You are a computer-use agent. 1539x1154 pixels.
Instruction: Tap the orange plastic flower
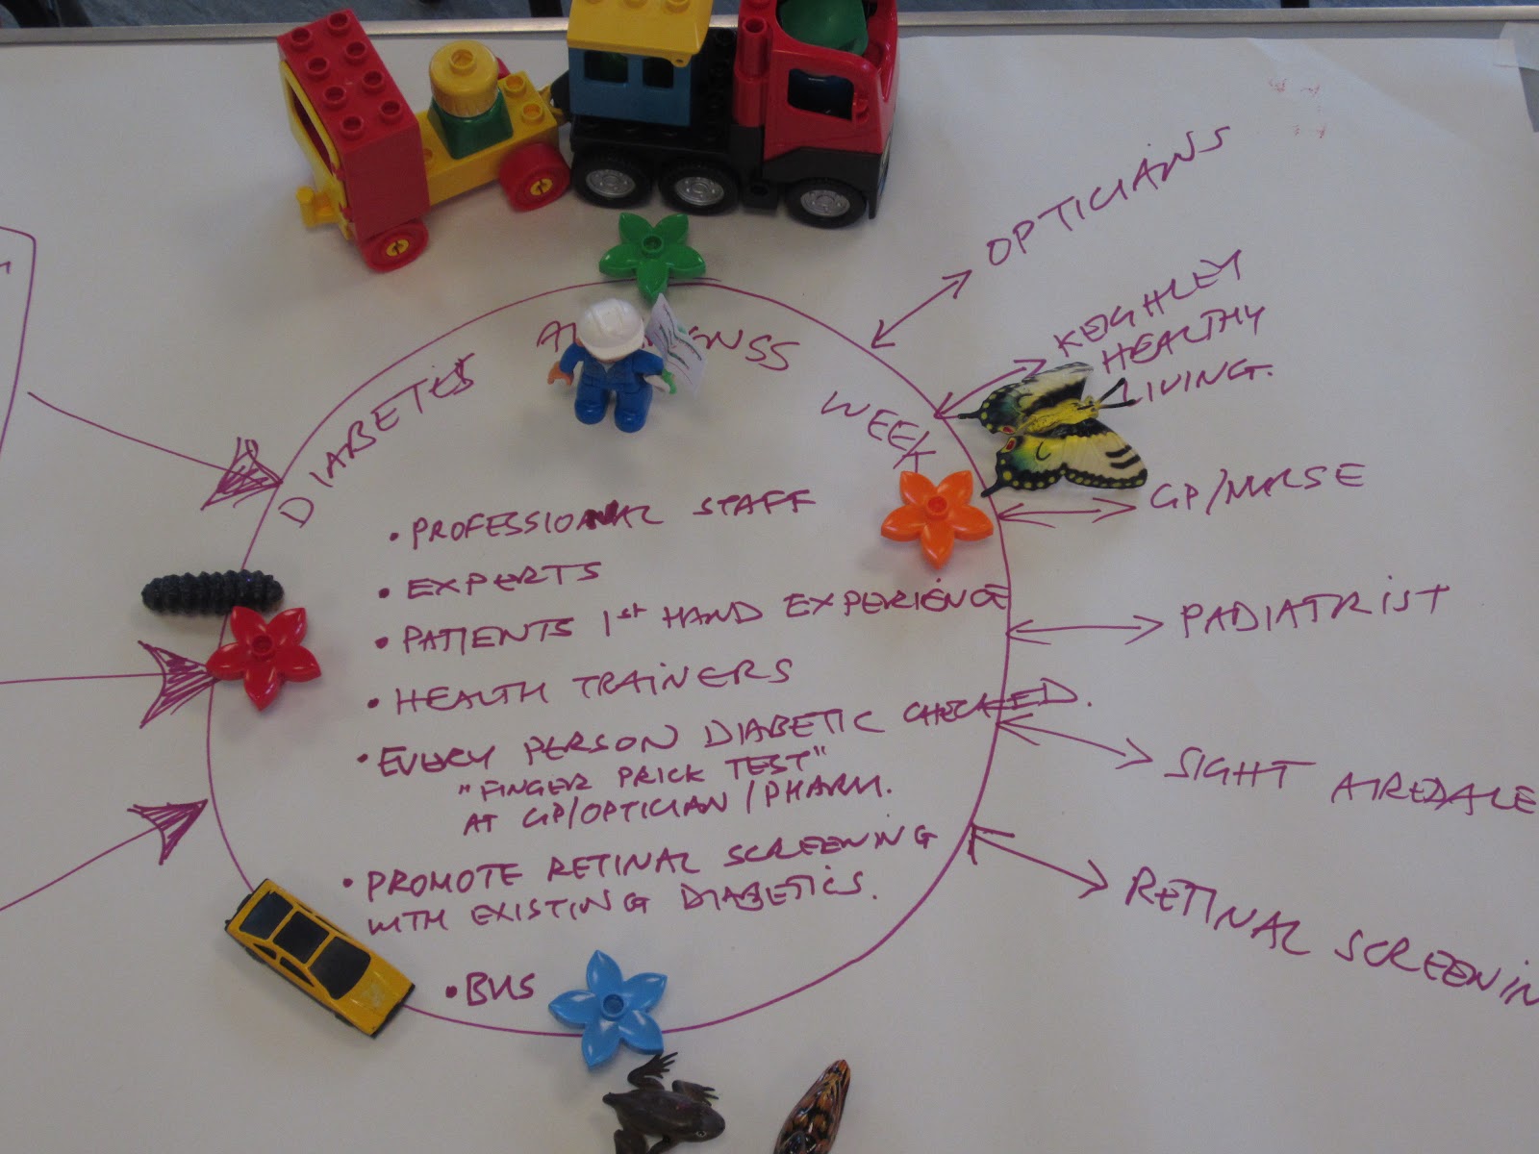point(936,516)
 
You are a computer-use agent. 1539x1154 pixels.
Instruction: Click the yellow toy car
point(318,956)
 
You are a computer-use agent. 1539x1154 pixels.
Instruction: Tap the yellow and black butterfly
point(1058,428)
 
